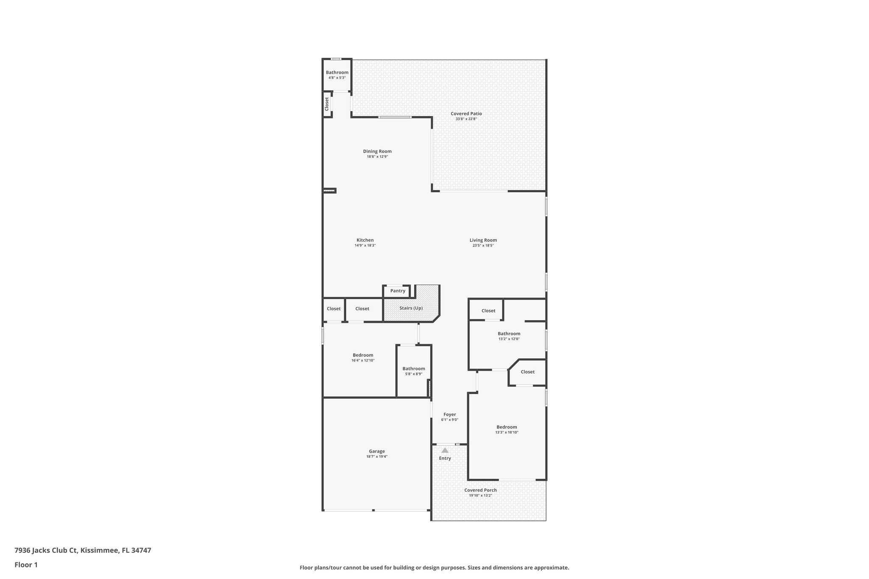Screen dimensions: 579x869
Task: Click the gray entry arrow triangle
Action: [x=445, y=450]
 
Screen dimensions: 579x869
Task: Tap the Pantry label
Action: [x=398, y=291]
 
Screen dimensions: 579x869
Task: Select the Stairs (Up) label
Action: [x=411, y=308]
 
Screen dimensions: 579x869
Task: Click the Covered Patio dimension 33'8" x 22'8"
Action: [x=466, y=119]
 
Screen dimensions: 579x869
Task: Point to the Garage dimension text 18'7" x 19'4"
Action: [x=377, y=456]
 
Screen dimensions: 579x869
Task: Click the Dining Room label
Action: [x=377, y=151]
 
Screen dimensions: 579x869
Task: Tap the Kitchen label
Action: [x=365, y=240]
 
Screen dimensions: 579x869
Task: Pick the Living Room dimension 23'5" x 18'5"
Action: [x=483, y=246]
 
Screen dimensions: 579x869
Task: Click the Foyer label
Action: [x=449, y=414]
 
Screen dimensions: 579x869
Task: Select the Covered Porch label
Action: [x=480, y=490]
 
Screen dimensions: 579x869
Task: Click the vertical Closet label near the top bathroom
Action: [x=327, y=104]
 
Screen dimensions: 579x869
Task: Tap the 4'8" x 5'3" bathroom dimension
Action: [x=337, y=78]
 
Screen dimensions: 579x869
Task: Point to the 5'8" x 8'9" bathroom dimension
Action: [x=413, y=374]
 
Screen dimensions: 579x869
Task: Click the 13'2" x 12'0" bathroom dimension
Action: [x=509, y=339]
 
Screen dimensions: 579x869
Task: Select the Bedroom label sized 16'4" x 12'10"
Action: [x=363, y=355]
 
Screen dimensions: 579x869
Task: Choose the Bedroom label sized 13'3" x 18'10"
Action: [x=507, y=427]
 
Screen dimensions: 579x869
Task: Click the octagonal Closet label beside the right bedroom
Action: [x=527, y=372]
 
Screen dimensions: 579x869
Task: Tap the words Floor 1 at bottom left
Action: [x=26, y=565]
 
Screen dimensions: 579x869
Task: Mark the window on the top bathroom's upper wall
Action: [x=336, y=59]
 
